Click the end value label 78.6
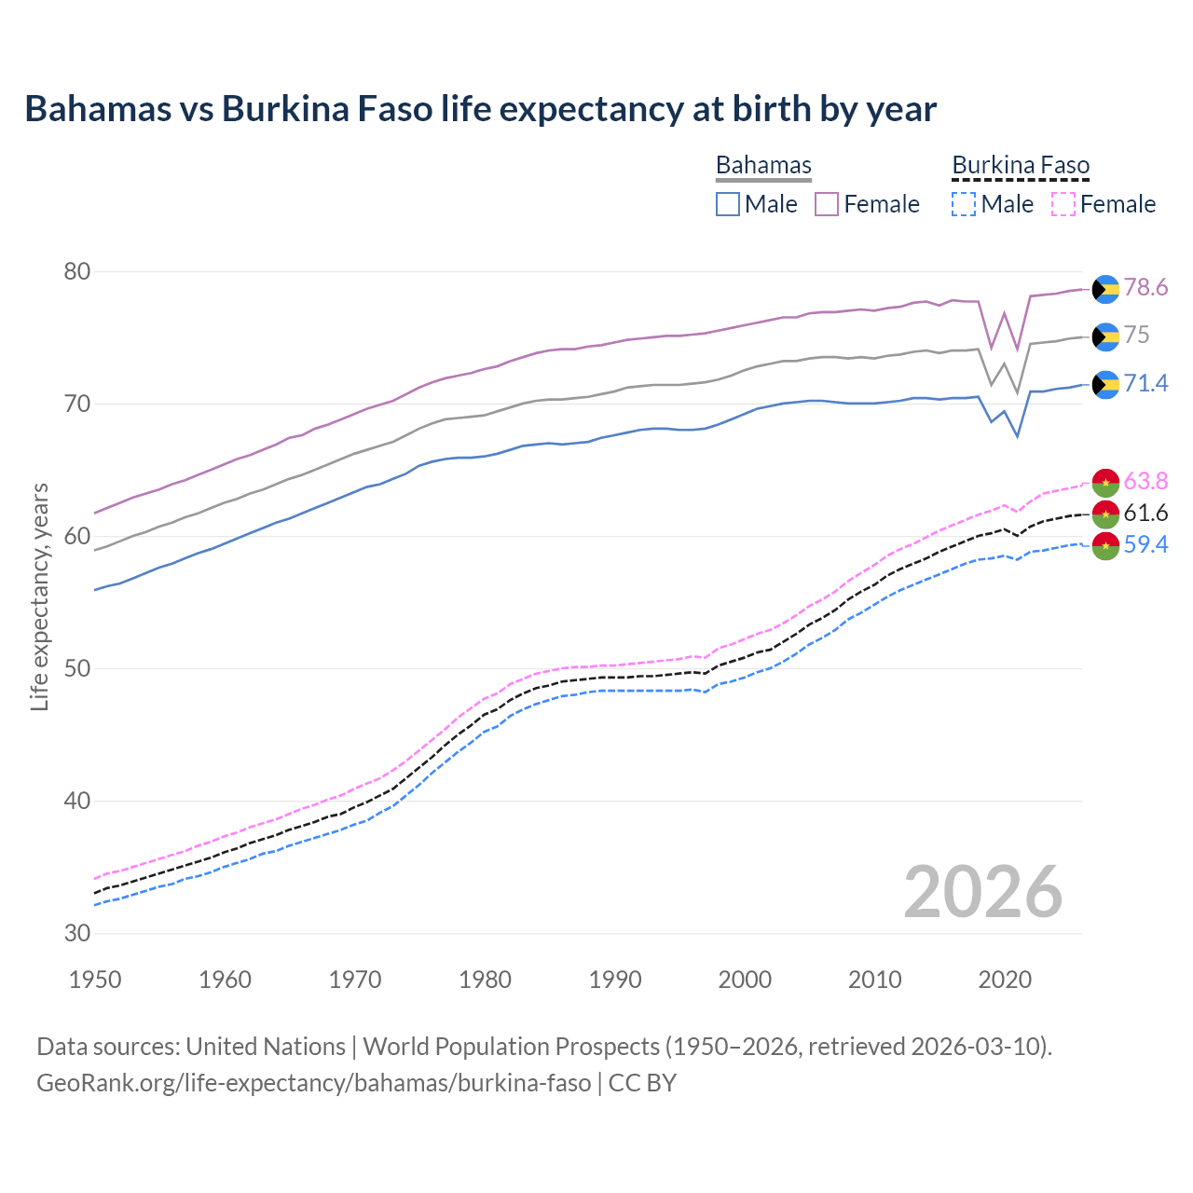tap(1145, 288)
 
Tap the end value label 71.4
tap(1145, 383)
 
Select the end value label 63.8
tap(1145, 481)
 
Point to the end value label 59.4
tap(1145, 544)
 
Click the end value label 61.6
tap(1145, 513)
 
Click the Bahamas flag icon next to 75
tap(1105, 336)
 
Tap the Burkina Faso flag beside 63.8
tap(1105, 482)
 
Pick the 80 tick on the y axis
tap(77, 272)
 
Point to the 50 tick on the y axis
tap(77, 669)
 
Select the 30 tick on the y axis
tap(77, 934)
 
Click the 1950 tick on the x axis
tap(95, 980)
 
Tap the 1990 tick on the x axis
tap(615, 980)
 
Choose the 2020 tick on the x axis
tap(1005, 980)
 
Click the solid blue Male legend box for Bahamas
tap(728, 204)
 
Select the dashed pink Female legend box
tap(1063, 204)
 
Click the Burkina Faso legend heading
tap(1021, 166)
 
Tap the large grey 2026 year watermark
tap(983, 893)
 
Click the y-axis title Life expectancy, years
tap(40, 596)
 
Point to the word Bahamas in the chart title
tap(99, 109)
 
